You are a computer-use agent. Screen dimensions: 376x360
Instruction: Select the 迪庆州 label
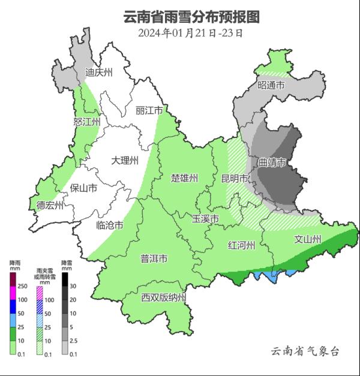(98, 73)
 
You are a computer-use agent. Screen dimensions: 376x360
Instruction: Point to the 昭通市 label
(271, 86)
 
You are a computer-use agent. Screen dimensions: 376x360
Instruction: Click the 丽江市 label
(149, 111)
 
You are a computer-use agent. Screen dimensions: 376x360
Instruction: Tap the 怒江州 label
(86, 122)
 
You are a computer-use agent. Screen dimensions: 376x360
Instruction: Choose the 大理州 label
(125, 160)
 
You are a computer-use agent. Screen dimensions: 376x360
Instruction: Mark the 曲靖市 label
(271, 163)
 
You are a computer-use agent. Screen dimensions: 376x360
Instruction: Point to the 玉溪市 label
(205, 218)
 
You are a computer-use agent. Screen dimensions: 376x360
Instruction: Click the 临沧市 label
(110, 225)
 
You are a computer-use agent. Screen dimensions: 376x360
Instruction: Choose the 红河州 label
(242, 245)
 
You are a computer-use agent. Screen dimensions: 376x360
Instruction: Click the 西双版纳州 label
(164, 298)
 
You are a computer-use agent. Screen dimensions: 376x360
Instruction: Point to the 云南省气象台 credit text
(305, 351)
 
